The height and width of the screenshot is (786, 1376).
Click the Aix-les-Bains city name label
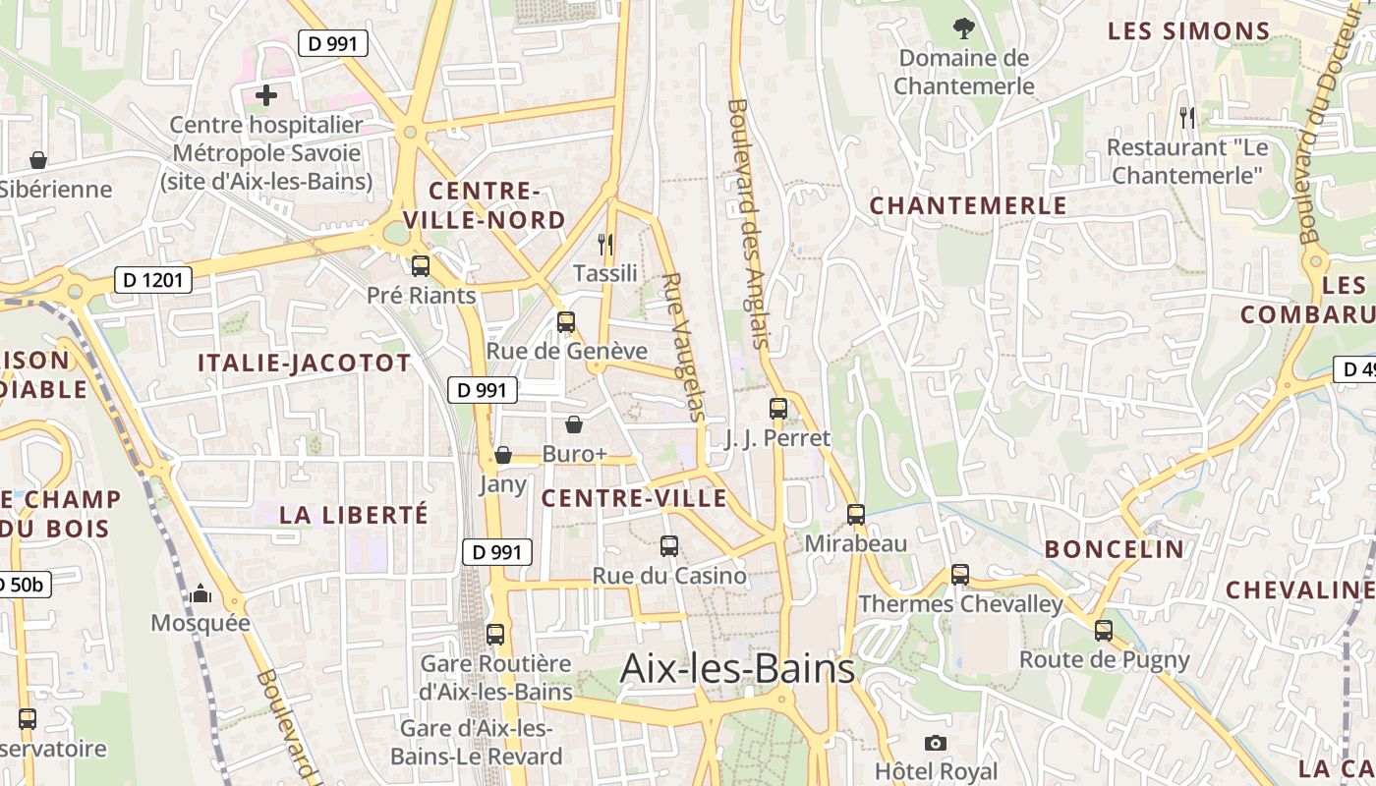[737, 669]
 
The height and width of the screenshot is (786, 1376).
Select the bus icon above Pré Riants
[421, 265]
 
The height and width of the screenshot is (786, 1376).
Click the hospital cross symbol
[265, 95]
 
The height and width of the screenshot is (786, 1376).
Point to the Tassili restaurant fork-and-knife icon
[605, 244]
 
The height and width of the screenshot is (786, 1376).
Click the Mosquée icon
[201, 592]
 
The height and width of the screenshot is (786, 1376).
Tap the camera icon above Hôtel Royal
[936, 743]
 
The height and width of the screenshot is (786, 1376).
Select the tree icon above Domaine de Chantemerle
[963, 28]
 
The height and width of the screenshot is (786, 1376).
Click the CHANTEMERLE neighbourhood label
[968, 205]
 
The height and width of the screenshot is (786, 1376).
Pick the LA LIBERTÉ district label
[354, 515]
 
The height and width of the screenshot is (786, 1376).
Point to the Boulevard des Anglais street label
[747, 223]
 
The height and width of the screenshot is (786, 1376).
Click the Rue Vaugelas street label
[683, 346]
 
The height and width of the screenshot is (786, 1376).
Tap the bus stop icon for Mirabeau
[856, 514]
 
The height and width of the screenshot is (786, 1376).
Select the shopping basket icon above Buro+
[574, 424]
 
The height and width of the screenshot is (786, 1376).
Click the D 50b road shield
[22, 585]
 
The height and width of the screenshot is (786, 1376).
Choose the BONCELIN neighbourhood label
[1115, 549]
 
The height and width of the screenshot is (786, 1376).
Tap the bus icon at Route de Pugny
[1104, 630]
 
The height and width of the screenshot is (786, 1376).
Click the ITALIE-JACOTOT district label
[304, 363]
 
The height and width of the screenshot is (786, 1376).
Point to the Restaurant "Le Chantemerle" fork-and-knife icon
[1187, 118]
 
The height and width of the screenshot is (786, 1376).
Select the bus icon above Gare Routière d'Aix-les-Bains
[495, 634]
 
